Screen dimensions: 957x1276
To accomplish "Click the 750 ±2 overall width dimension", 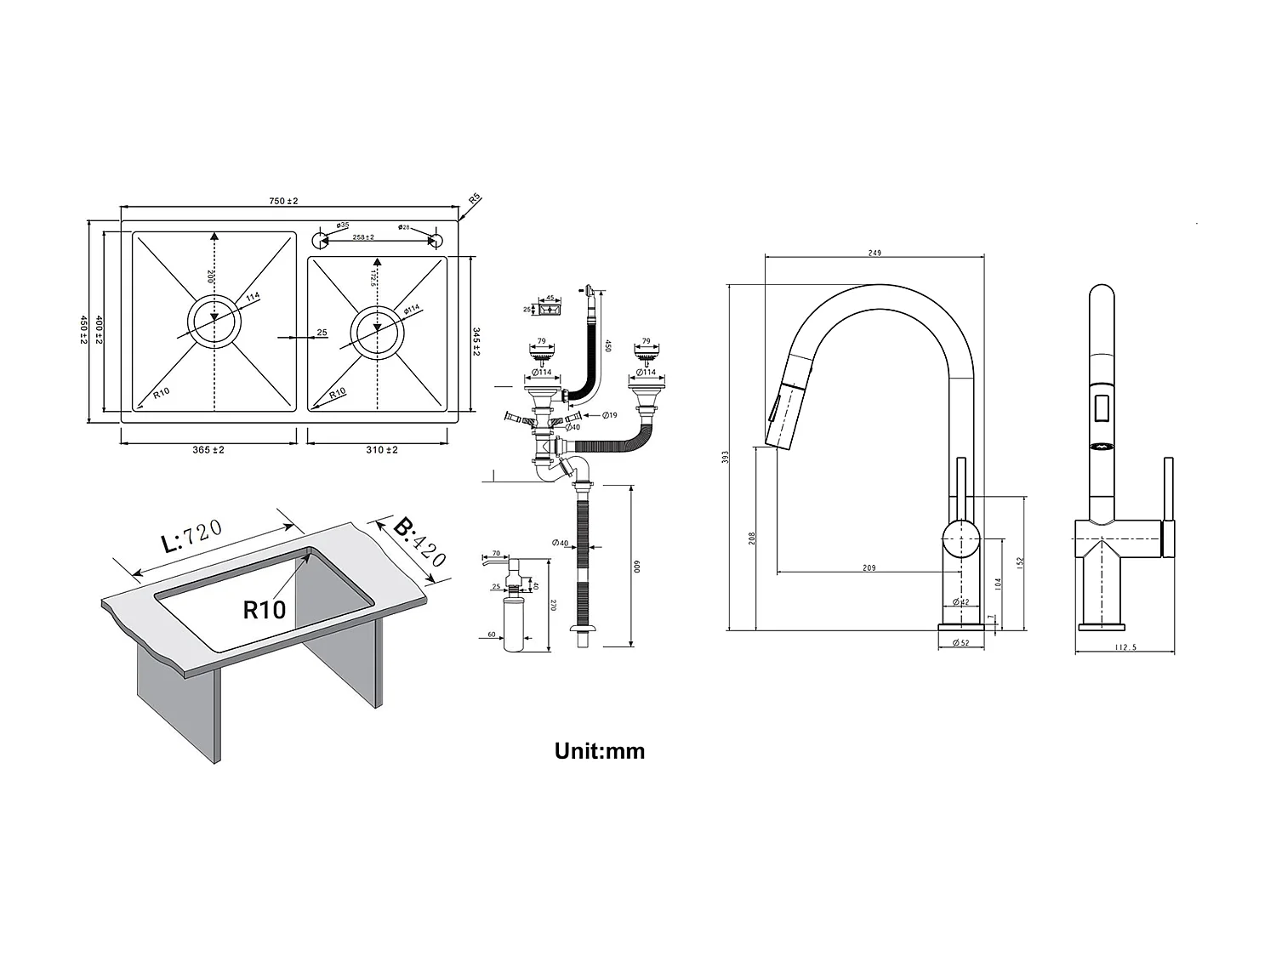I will [283, 201].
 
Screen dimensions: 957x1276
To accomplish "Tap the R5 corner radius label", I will [475, 198].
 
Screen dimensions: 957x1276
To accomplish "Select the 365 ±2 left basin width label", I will [208, 450].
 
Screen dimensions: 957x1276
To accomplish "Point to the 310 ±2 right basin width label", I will [382, 450].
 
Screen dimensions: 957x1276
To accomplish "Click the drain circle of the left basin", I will [214, 322].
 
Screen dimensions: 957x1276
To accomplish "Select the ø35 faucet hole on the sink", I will [322, 237].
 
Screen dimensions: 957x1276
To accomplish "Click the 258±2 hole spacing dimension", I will [364, 237].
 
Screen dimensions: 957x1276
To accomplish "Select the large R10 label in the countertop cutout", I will [264, 609].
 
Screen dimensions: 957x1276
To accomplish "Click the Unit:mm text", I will [600, 751].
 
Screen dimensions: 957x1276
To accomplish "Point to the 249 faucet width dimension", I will [874, 253].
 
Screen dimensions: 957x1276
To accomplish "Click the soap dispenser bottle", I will [514, 623].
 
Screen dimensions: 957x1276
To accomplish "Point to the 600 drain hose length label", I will [634, 567].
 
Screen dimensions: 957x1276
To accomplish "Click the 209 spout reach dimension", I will [869, 567].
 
